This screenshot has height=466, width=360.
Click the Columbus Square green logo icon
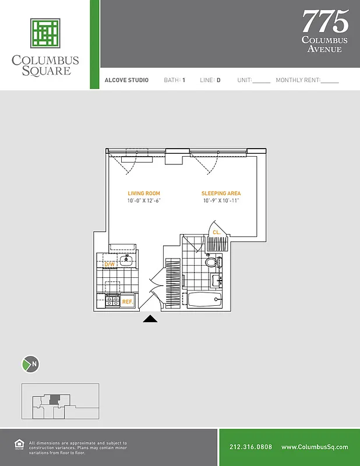pyautogui.click(x=45, y=33)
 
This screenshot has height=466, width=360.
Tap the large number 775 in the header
pyautogui.click(x=325, y=22)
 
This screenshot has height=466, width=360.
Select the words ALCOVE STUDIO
pyautogui.click(x=126, y=80)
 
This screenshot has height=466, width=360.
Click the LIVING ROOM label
pyautogui.click(x=144, y=193)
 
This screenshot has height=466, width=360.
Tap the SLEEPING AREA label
pyautogui.click(x=221, y=193)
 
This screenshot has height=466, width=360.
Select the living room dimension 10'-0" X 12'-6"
pyautogui.click(x=144, y=201)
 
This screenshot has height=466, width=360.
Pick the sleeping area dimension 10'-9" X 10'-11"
pyautogui.click(x=221, y=201)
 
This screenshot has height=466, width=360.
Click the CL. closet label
pyautogui.click(x=216, y=232)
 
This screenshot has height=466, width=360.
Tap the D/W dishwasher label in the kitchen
pyautogui.click(x=109, y=265)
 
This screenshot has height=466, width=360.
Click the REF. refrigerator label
pyautogui.click(x=127, y=302)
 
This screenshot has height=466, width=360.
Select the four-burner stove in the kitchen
pyautogui.click(x=112, y=301)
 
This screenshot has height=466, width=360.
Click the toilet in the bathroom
pyautogui.click(x=211, y=263)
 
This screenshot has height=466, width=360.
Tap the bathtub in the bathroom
pyautogui.click(x=204, y=301)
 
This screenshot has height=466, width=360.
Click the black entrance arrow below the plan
pyautogui.click(x=150, y=318)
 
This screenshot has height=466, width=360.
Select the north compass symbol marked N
pyautogui.click(x=30, y=365)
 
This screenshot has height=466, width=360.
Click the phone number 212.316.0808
pyautogui.click(x=250, y=447)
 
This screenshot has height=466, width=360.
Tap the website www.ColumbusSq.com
pyautogui.click(x=315, y=447)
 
